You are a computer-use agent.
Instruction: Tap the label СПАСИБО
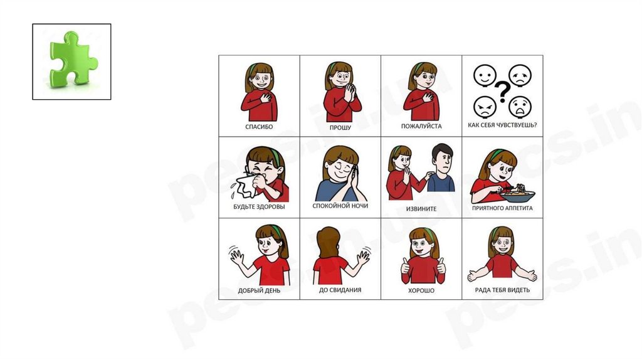click(259, 127)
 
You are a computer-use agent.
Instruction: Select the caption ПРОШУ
click(340, 128)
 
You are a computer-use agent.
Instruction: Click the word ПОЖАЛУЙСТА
click(421, 126)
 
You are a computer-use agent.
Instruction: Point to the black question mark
click(502, 92)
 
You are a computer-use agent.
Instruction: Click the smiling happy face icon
click(485, 76)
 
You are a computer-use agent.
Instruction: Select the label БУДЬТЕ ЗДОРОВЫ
click(259, 207)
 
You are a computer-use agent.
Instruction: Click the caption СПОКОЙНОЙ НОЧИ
click(340, 206)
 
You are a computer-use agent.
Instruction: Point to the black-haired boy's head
click(443, 159)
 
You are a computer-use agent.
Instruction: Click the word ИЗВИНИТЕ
click(421, 209)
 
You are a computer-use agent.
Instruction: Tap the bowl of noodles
click(517, 195)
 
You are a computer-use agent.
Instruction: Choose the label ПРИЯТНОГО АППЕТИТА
click(502, 208)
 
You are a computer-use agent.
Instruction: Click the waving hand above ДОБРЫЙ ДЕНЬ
click(236, 256)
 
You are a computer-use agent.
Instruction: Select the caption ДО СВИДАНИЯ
click(340, 290)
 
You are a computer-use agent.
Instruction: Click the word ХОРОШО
click(421, 291)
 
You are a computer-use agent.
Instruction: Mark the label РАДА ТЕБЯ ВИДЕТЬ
click(502, 290)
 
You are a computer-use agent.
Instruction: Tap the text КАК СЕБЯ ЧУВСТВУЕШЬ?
click(502, 125)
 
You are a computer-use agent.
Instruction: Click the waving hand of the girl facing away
click(363, 257)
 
